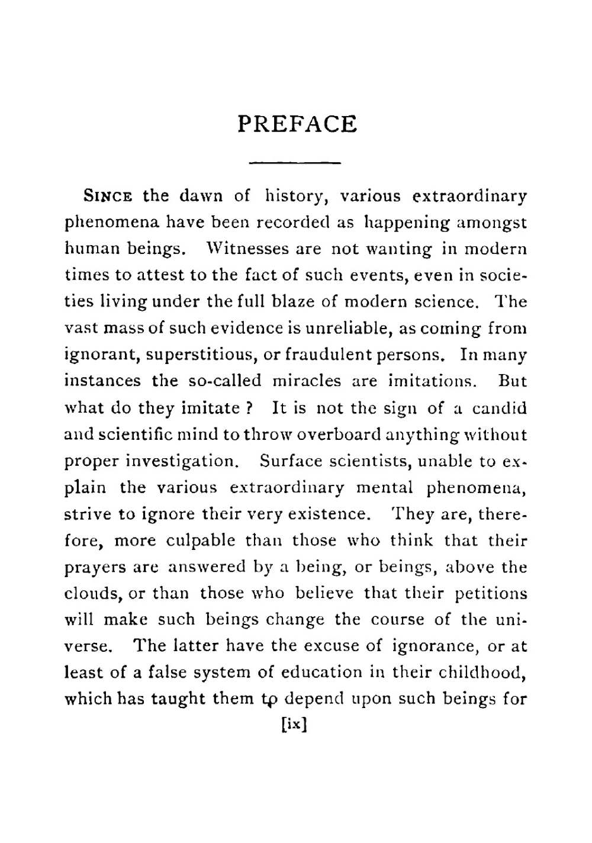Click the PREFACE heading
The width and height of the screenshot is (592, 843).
[297, 124]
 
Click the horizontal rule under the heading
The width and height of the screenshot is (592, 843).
[295, 162]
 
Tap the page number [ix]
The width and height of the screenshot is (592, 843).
[294, 725]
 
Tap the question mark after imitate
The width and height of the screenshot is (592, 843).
[250, 408]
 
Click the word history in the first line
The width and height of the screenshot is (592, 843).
[292, 196]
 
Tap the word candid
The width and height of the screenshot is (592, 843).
[497, 408]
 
